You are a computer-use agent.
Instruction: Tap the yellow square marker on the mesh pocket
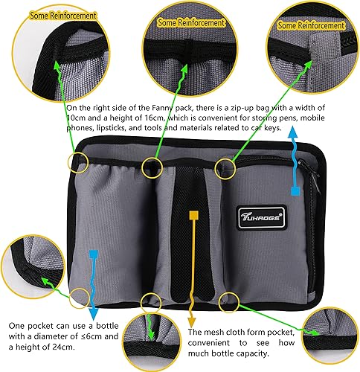click(193, 216)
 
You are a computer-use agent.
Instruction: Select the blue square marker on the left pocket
click(93, 254)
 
